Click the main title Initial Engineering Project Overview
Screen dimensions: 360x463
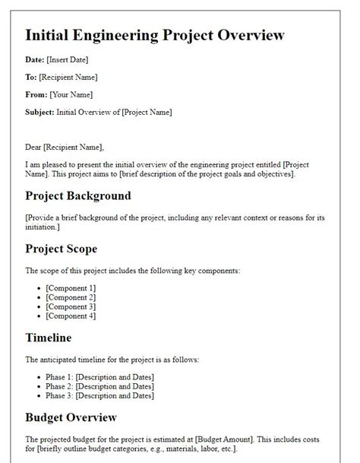[x=155, y=36]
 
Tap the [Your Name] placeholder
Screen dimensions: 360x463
[x=71, y=94]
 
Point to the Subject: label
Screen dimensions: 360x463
[x=39, y=112]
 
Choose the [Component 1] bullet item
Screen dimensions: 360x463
[x=71, y=287]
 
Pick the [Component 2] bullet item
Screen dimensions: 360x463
[x=71, y=297]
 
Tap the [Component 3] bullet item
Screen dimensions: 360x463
[x=71, y=306]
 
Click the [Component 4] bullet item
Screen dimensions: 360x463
[x=71, y=315]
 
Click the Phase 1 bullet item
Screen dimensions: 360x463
[x=99, y=377]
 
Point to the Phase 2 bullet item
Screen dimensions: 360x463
[x=99, y=386]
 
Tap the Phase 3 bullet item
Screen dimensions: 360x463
[x=99, y=395]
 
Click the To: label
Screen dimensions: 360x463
[x=31, y=77]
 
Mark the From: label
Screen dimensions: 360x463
[x=36, y=94]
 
